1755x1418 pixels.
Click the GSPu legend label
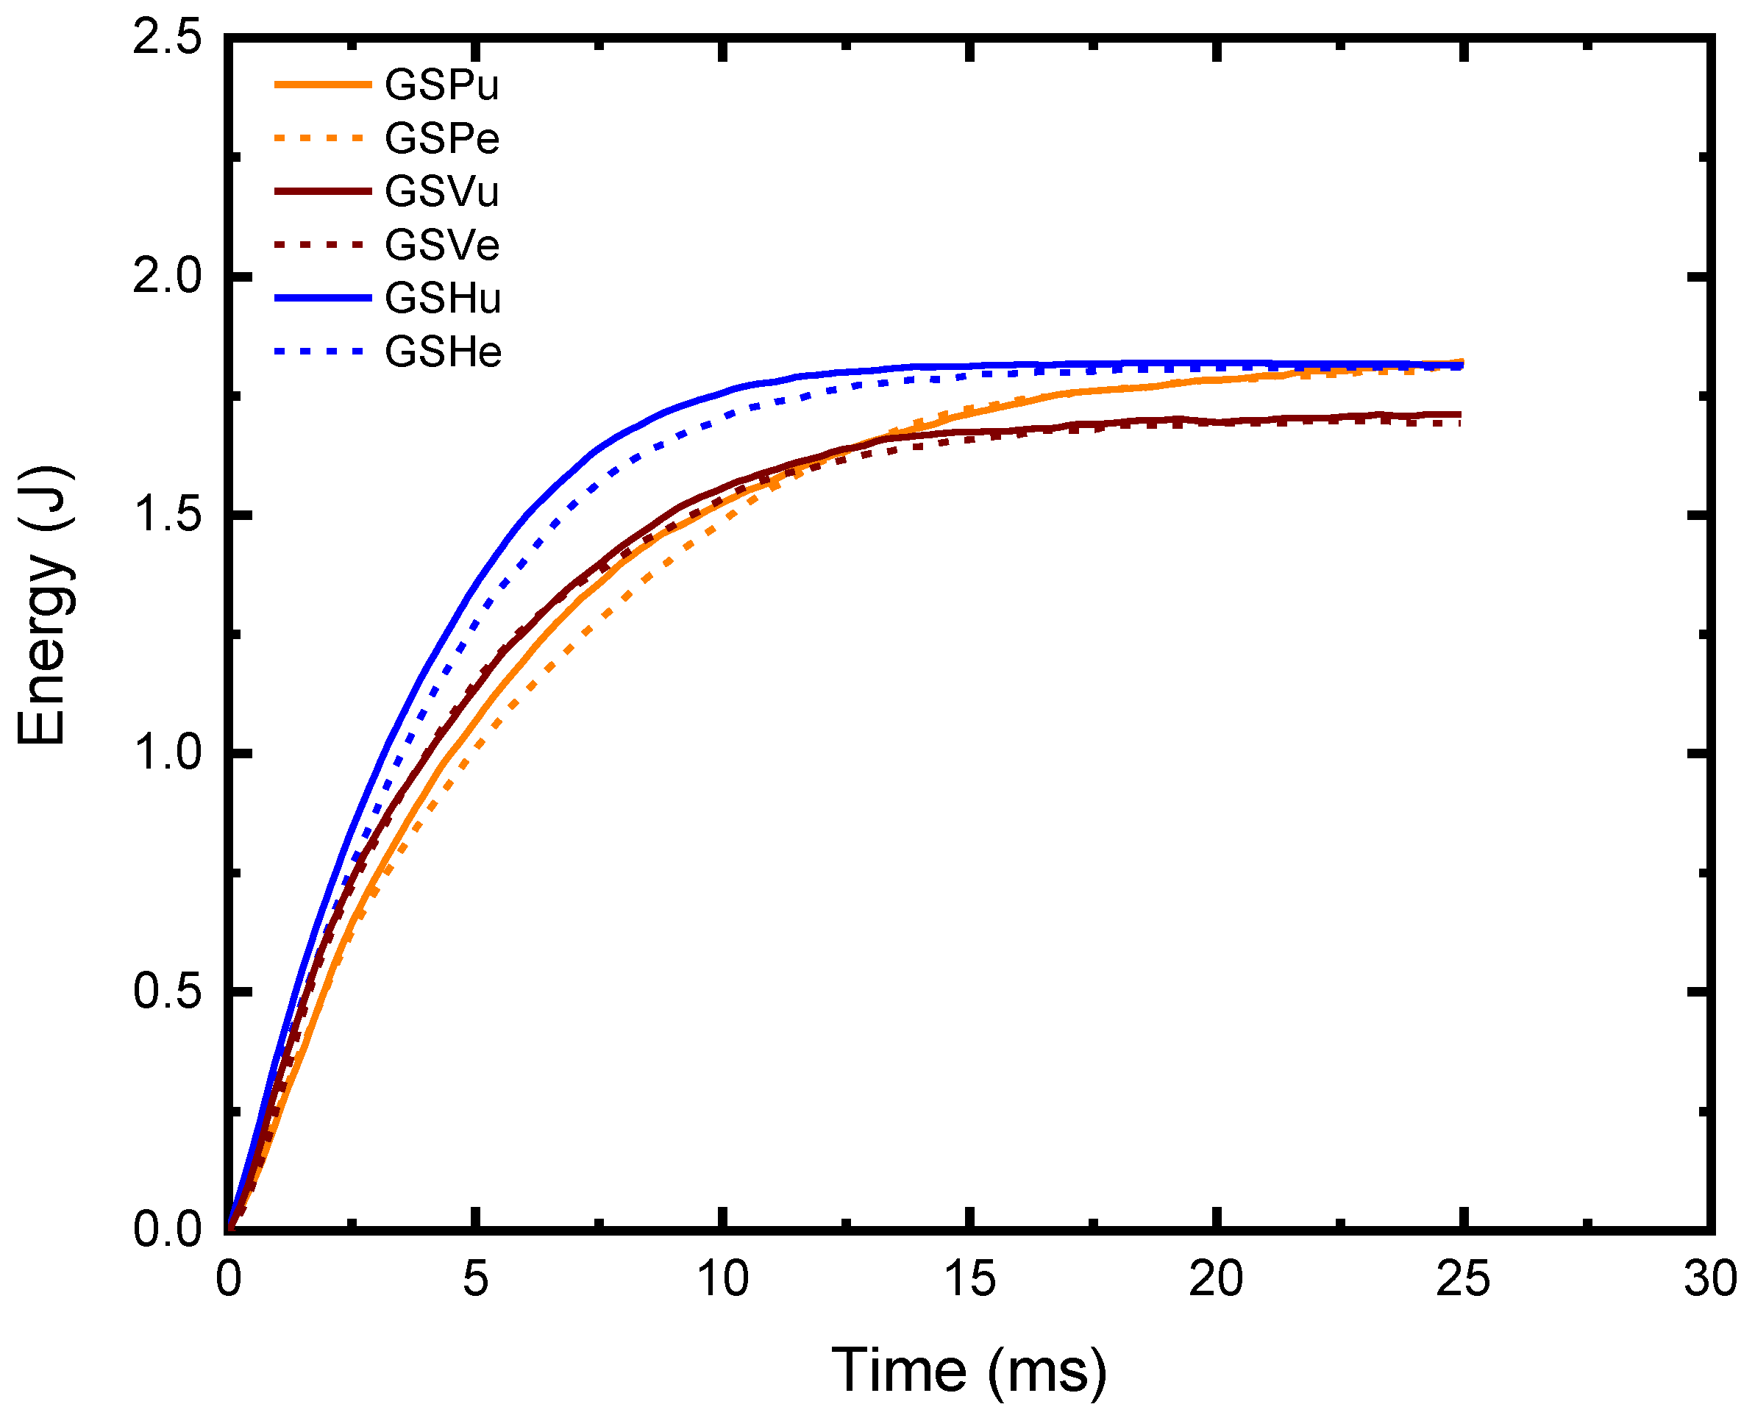point(441,85)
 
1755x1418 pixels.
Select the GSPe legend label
point(442,138)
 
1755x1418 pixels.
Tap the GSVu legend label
point(442,192)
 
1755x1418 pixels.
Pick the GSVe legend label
point(442,245)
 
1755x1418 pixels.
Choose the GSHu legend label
point(443,298)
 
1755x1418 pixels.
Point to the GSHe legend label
point(443,352)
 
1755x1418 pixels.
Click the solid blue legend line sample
point(323,298)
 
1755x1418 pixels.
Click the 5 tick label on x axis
point(475,1279)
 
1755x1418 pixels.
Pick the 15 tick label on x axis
point(969,1279)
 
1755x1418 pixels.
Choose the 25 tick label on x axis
point(1463,1279)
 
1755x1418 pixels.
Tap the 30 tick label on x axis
point(1710,1279)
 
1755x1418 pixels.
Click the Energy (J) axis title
point(45,606)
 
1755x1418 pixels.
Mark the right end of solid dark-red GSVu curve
point(1460,414)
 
